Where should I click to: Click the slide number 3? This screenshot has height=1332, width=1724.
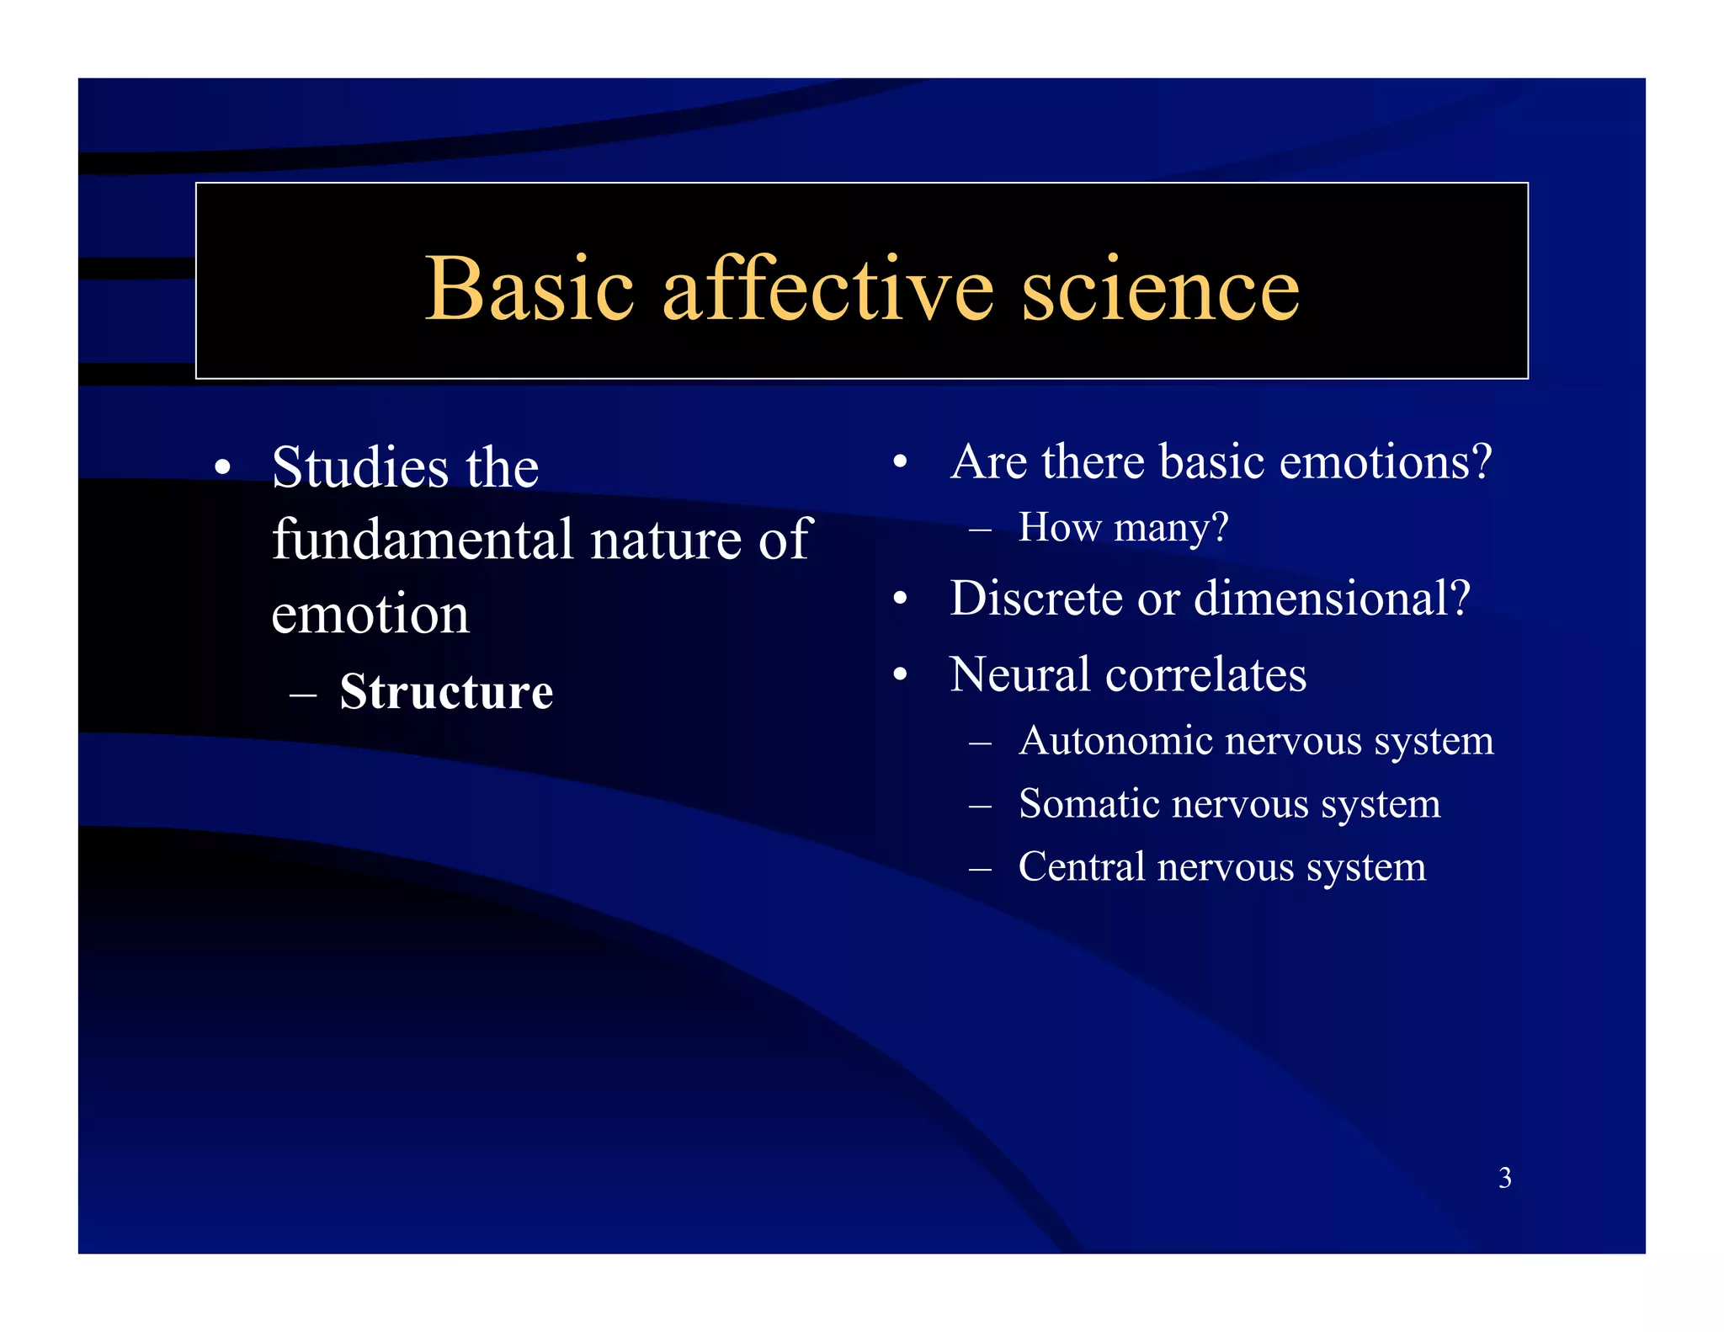[1505, 1177]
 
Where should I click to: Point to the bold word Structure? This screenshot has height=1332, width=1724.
[446, 692]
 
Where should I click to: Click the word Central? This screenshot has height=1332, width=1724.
[1082, 866]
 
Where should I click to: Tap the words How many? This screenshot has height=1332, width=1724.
[1123, 528]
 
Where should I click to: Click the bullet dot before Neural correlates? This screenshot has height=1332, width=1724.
[900, 675]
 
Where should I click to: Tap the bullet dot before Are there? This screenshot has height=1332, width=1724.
[900, 462]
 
